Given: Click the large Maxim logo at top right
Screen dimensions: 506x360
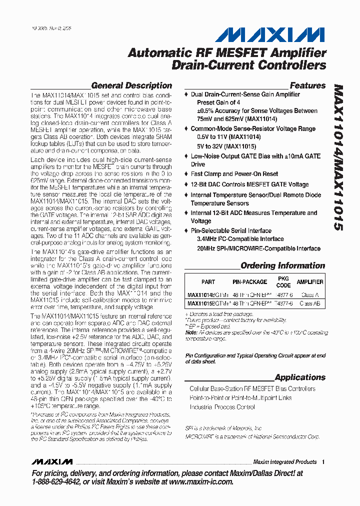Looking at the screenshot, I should (270, 34).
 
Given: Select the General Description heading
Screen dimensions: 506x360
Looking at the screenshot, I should (131, 85).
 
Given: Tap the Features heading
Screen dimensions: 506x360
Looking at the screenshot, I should (307, 85).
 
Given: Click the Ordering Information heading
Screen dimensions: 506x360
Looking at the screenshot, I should (282, 265).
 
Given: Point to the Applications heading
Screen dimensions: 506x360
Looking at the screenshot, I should (300, 377).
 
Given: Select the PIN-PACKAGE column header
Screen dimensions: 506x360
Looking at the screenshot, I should (250, 282).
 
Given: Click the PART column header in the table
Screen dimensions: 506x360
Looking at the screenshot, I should (208, 282).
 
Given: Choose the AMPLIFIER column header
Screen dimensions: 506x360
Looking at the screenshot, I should (310, 282).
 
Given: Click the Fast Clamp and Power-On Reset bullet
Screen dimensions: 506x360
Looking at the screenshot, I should (234, 174).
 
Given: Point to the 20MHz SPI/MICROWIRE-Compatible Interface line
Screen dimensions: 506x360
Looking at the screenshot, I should (258, 248).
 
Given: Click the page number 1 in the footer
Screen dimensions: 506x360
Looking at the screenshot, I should (323, 462).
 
